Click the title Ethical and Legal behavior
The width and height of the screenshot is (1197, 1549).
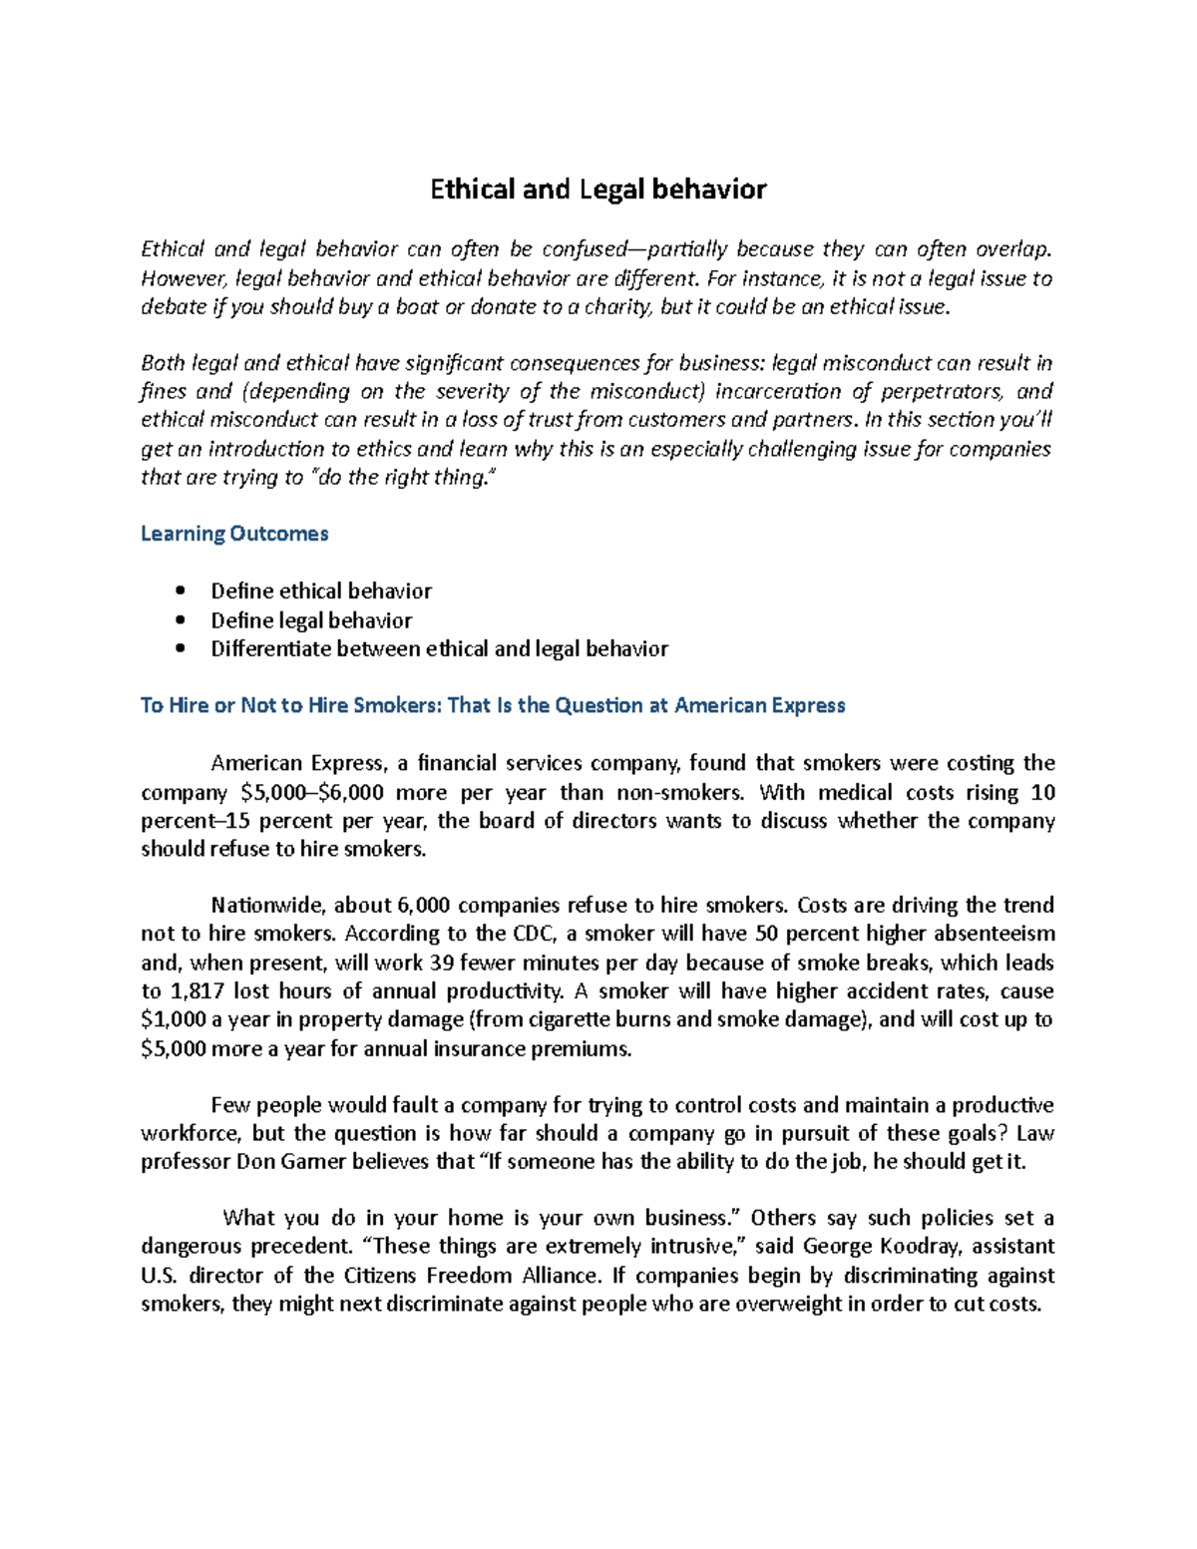[598, 189]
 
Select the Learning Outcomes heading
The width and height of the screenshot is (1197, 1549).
[234, 534]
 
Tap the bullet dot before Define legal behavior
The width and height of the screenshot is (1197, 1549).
[180, 619]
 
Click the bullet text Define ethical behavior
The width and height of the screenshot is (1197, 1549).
[321, 590]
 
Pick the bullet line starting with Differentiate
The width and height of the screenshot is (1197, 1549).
[439, 648]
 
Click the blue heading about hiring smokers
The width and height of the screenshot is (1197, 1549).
[493, 705]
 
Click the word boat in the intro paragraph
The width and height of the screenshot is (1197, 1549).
[418, 307]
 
